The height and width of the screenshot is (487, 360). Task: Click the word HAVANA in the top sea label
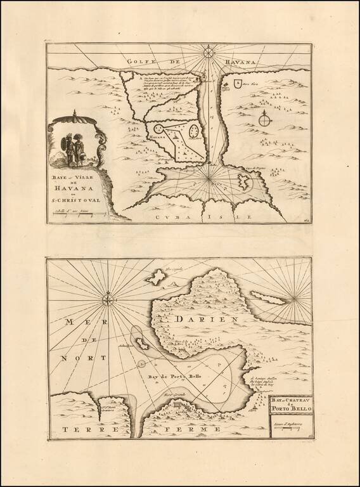[241, 62]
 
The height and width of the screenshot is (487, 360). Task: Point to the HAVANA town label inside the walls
[157, 136]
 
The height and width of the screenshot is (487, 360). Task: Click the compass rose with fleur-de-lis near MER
[110, 296]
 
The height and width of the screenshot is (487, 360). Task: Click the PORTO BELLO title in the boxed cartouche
[289, 408]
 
